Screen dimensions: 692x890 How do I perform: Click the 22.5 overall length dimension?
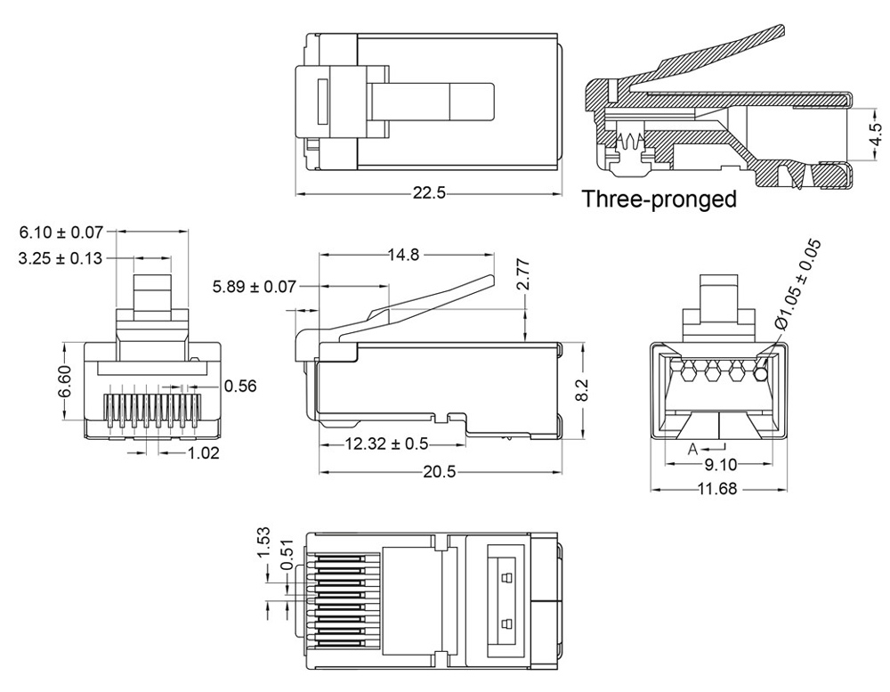coord(428,194)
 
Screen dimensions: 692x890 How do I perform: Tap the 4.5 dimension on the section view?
coord(876,134)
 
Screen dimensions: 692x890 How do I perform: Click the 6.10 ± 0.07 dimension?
coord(61,232)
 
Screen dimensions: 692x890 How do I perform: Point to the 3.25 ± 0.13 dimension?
coord(61,258)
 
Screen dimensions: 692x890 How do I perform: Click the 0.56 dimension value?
coord(240,387)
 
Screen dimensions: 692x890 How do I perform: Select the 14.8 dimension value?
coord(403,255)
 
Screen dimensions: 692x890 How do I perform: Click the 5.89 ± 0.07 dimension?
coord(253,287)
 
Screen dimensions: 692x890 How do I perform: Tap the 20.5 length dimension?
coord(439,472)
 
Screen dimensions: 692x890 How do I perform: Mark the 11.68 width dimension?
coord(722,490)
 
